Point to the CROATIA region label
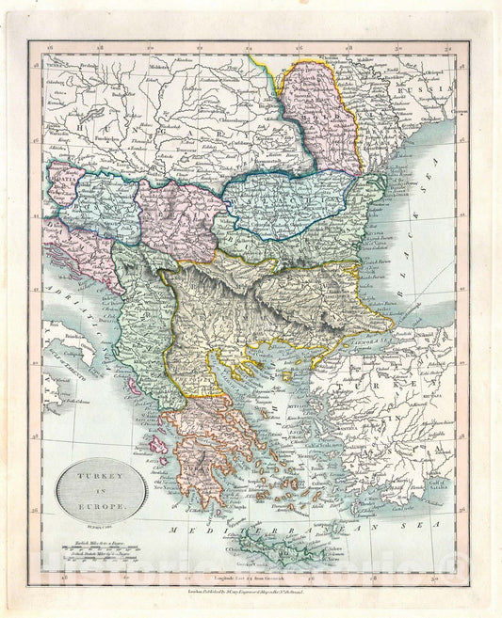click(69, 200)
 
